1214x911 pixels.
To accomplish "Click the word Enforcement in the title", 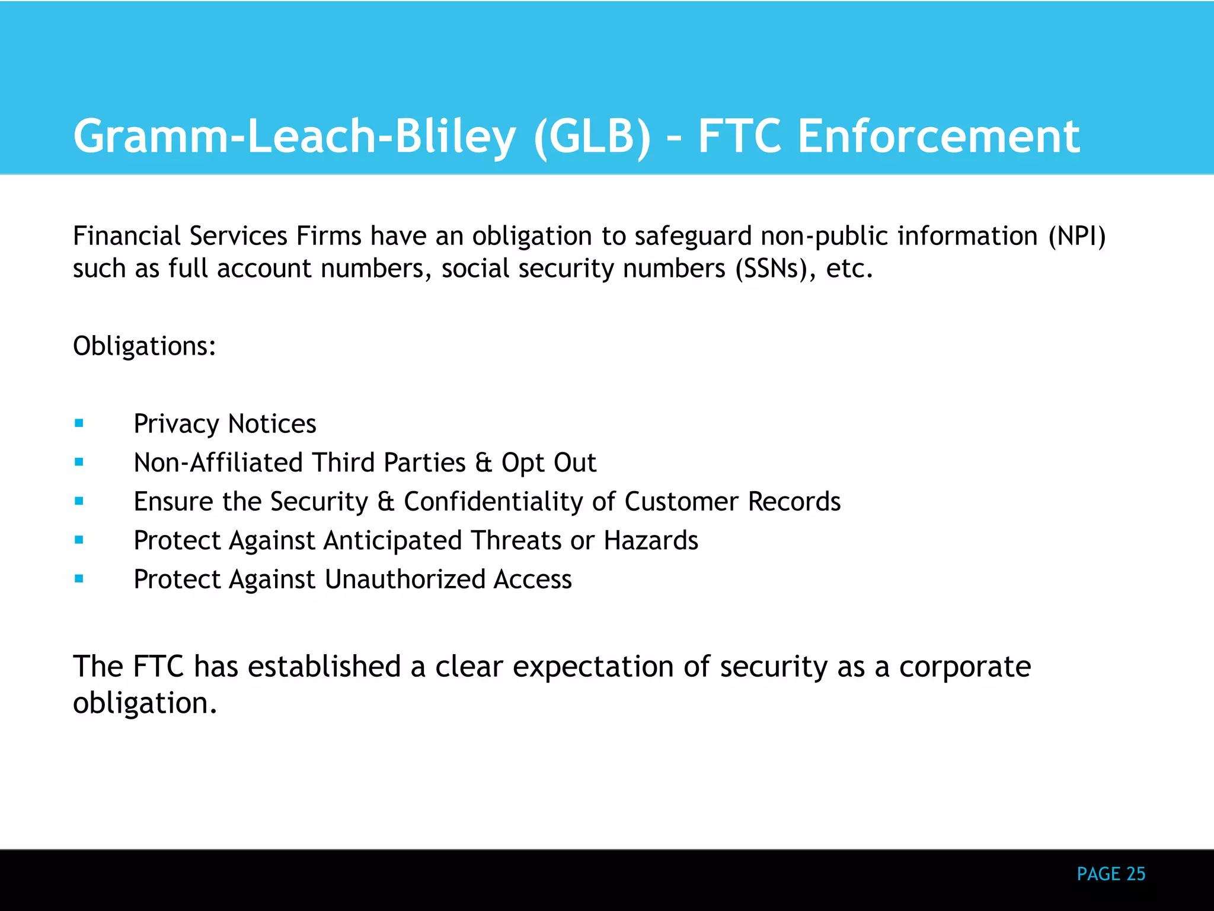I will tap(938, 136).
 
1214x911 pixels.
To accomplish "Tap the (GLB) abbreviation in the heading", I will tap(592, 136).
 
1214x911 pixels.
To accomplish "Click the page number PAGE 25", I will tap(1111, 874).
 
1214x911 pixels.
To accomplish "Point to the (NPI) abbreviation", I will tap(1076, 236).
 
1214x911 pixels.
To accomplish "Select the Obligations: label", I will tap(145, 346).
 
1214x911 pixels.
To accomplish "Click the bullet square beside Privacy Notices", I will tap(79, 423).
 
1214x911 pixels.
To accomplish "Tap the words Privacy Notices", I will tap(225, 424).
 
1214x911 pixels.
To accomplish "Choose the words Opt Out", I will tap(548, 463).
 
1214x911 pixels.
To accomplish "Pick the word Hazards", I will tap(651, 540).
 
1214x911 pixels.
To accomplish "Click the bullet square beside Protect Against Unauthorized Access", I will tap(79, 579).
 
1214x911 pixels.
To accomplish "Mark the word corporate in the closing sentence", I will tap(964, 667).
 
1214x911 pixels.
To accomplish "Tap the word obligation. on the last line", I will tap(145, 703).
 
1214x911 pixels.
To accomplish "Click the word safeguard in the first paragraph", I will tap(693, 236).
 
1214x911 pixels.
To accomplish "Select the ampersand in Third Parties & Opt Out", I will tap(484, 463).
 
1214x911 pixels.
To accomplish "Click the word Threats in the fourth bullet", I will tap(516, 540).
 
